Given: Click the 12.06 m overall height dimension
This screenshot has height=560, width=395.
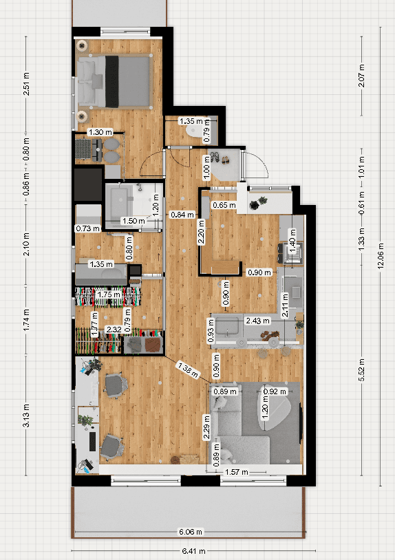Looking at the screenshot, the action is point(381,256).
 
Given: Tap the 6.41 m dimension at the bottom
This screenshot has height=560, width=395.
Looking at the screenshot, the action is point(193,551).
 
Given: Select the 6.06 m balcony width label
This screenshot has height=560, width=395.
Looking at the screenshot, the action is point(191,532).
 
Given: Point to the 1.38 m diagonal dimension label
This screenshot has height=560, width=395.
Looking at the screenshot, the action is point(187,369).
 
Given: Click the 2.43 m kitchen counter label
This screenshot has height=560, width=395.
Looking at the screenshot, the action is point(257,321).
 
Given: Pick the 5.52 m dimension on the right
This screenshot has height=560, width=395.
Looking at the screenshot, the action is point(362,370).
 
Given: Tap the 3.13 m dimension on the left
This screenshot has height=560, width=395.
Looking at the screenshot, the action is point(26,416).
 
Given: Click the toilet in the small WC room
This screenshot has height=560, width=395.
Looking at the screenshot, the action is point(195,131).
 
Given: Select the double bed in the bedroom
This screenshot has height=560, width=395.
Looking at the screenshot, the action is point(114,82).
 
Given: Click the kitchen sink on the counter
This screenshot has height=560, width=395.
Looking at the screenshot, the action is point(227,326).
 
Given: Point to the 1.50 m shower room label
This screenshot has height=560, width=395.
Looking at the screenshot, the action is point(134,221).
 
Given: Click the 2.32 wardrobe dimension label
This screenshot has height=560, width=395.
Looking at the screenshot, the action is point(114,330).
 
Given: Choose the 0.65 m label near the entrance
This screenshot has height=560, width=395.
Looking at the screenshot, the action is point(224,205).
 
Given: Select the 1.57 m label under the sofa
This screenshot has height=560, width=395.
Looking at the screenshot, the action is point(237,472).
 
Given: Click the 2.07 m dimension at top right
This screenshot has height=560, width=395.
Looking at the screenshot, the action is point(362,76).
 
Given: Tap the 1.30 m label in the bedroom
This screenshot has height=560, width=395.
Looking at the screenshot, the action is point(100,132).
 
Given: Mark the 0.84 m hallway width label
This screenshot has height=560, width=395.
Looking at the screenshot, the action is point(182,215).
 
